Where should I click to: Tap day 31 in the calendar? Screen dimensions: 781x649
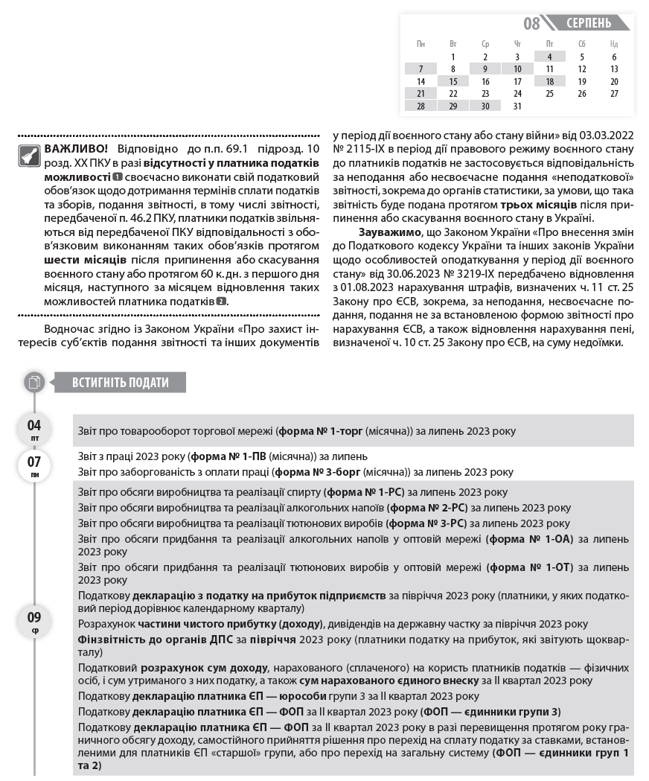pyautogui.click(x=517, y=106)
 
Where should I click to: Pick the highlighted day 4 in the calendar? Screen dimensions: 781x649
pyautogui.click(x=549, y=57)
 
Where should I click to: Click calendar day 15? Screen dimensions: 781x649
pyautogui.click(x=453, y=82)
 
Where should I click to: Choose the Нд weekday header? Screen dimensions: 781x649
pyautogui.click(x=613, y=44)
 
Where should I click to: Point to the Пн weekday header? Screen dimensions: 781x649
pyautogui.click(x=421, y=44)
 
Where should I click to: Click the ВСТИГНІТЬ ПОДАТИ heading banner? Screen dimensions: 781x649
pyautogui.click(x=121, y=383)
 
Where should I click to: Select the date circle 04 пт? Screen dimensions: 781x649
pyautogui.click(x=34, y=430)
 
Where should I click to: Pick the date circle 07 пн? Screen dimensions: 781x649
pyautogui.click(x=34, y=465)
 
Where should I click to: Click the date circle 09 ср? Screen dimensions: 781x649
pyautogui.click(x=34, y=621)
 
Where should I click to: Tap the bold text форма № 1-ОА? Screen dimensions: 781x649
pyautogui.click(x=528, y=539)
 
